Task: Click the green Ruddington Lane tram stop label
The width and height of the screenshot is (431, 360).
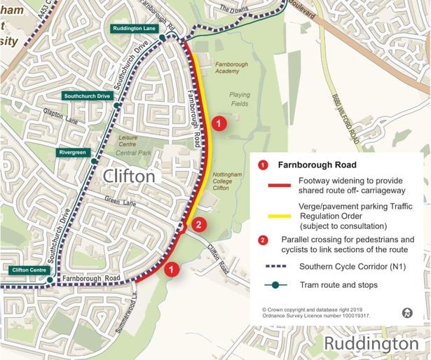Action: coord(133,29)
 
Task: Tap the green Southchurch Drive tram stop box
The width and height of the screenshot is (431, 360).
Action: coord(87,95)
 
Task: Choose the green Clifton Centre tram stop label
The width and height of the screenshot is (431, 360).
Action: coord(30,270)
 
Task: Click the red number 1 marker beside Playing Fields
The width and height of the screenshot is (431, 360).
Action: coord(219,124)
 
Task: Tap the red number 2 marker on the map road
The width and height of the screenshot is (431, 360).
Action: coord(198,225)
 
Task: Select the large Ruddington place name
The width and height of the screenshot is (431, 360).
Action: coord(370,343)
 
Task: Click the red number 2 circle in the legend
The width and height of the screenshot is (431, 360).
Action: coord(263,240)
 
